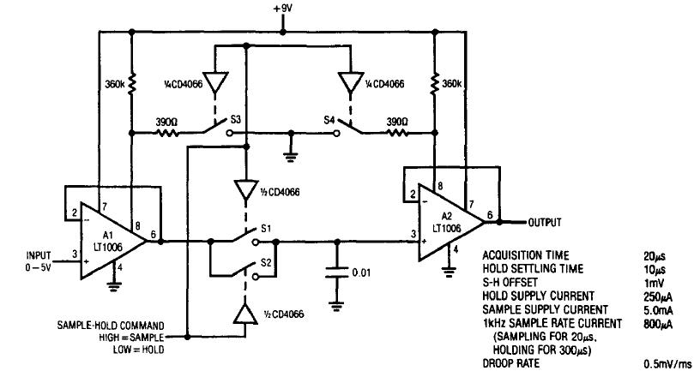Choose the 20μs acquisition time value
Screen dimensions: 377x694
click(x=654, y=254)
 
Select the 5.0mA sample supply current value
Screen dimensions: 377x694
click(x=657, y=308)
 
